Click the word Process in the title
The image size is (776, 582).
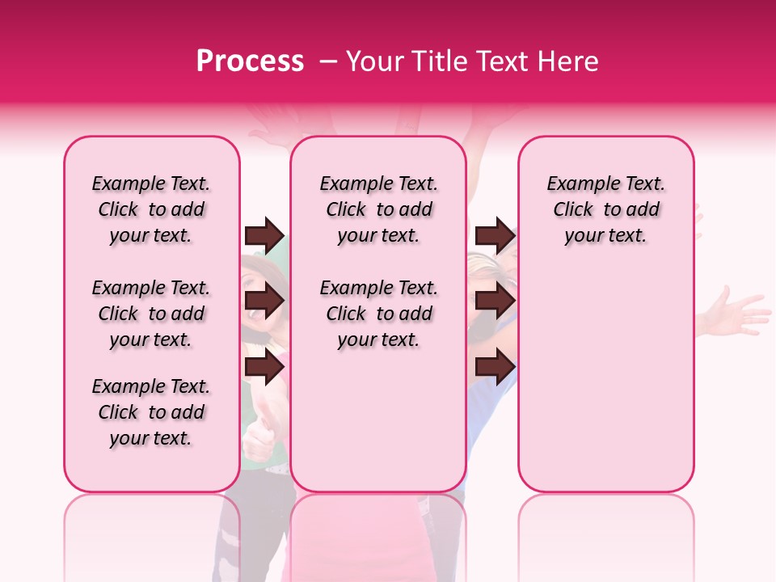[x=250, y=61]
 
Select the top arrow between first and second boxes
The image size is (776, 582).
[x=264, y=236]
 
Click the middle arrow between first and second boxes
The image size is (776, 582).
[x=264, y=302]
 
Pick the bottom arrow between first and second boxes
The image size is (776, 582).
[x=264, y=367]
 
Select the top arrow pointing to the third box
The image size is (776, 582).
[x=495, y=236]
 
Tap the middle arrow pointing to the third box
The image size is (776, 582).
[x=495, y=302]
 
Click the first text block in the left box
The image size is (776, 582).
[x=151, y=209]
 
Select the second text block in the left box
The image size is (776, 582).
[x=151, y=314]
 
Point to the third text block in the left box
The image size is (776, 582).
[x=151, y=412]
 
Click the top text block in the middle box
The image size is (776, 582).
[x=378, y=209]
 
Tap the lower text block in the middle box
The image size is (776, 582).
[x=378, y=314]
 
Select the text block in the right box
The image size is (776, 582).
[x=605, y=209]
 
